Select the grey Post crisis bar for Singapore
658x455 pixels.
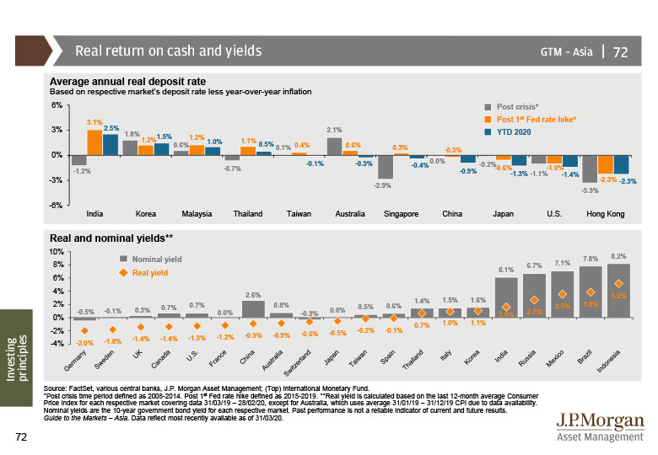tap(386, 167)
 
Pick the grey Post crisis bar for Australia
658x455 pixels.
tap(334, 146)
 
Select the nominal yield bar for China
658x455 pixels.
tap(253, 308)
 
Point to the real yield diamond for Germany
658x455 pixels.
tap(84, 330)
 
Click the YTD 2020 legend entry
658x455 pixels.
tap(516, 131)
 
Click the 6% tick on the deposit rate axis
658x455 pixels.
tap(57, 105)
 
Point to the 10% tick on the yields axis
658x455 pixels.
tap(57, 251)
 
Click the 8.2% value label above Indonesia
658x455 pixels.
tap(618, 256)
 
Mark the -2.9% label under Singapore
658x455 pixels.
tap(381, 185)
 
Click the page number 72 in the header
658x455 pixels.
tap(620, 51)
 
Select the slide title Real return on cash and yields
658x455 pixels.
tap(169, 51)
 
